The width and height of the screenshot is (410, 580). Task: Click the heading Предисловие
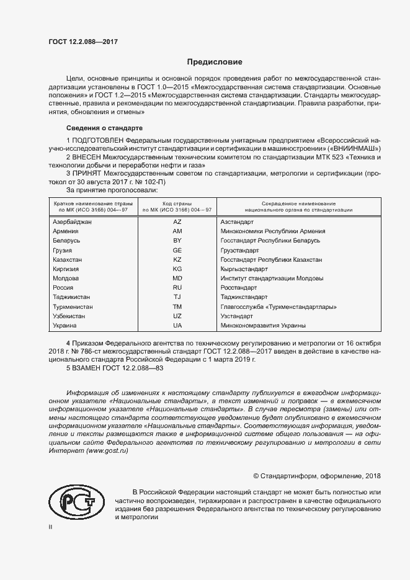click(215, 62)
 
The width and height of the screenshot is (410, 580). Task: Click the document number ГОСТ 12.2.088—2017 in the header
click(82, 42)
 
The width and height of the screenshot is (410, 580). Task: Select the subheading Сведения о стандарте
click(105, 128)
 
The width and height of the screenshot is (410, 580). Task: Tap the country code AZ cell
click(177, 221)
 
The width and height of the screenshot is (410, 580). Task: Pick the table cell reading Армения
click(66, 231)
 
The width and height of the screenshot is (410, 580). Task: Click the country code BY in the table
click(177, 240)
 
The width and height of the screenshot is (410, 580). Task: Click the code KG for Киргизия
click(177, 269)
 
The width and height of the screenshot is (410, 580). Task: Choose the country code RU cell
click(177, 288)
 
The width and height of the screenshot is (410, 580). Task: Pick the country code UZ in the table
click(177, 316)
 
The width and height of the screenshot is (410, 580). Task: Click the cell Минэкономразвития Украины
click(263, 326)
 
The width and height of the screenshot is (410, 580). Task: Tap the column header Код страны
click(177, 204)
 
